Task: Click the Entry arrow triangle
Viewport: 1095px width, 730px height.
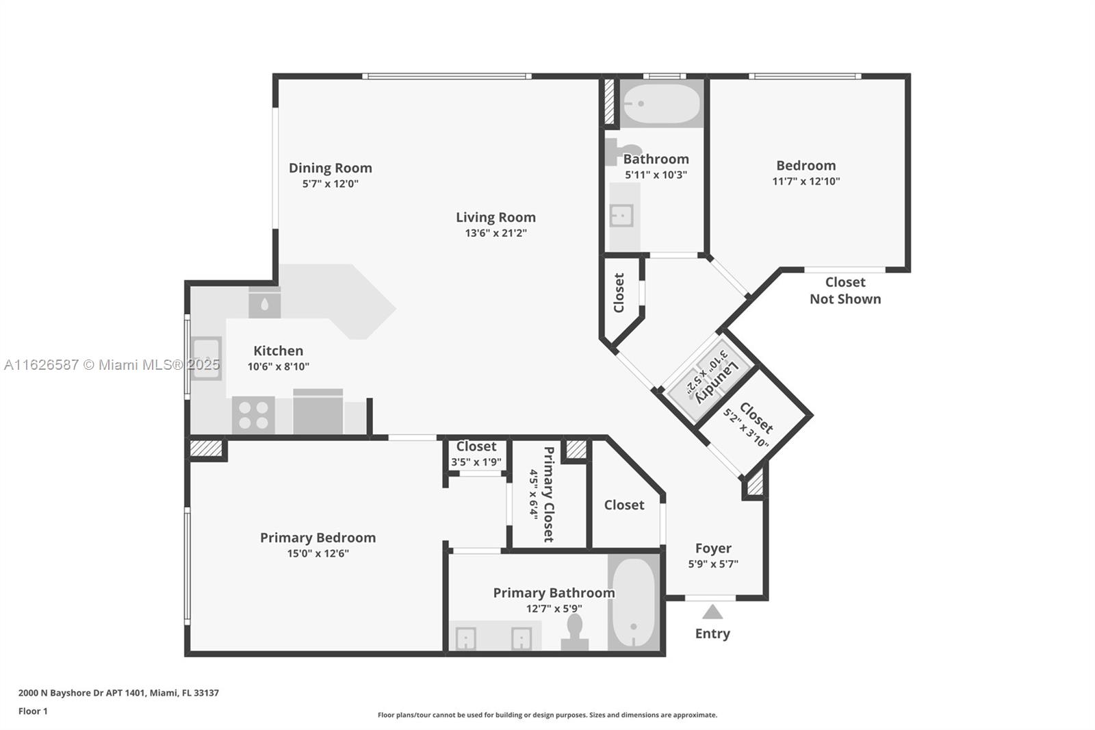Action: pyautogui.click(x=712, y=612)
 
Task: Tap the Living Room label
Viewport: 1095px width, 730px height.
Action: pyautogui.click(x=495, y=217)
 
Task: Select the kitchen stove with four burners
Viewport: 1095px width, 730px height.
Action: pyautogui.click(x=253, y=414)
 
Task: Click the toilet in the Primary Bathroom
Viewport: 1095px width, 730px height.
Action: pyautogui.click(x=574, y=632)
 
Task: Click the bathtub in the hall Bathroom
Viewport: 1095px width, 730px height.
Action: pyautogui.click(x=661, y=103)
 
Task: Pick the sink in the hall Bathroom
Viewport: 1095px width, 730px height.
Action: pyautogui.click(x=622, y=216)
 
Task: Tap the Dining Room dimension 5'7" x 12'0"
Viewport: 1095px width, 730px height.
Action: pyautogui.click(x=331, y=184)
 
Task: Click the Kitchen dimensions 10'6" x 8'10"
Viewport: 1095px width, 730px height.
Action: pyautogui.click(x=278, y=366)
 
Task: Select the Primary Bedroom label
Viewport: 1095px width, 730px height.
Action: pyautogui.click(x=318, y=538)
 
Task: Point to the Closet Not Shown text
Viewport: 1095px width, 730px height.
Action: pyautogui.click(x=845, y=290)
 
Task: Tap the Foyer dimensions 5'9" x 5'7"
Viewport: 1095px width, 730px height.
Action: pyautogui.click(x=713, y=564)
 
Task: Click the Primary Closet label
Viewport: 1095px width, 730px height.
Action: pyautogui.click(x=548, y=494)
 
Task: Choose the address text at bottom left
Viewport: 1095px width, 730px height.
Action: pyautogui.click(x=119, y=693)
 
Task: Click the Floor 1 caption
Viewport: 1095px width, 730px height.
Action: pyautogui.click(x=33, y=712)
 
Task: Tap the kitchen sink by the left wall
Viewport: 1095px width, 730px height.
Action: pyautogui.click(x=206, y=359)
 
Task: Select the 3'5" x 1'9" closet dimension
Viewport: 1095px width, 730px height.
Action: pyautogui.click(x=476, y=462)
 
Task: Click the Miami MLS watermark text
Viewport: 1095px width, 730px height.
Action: pyautogui.click(x=112, y=365)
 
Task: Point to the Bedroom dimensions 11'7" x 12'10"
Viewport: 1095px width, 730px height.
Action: pyautogui.click(x=806, y=181)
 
